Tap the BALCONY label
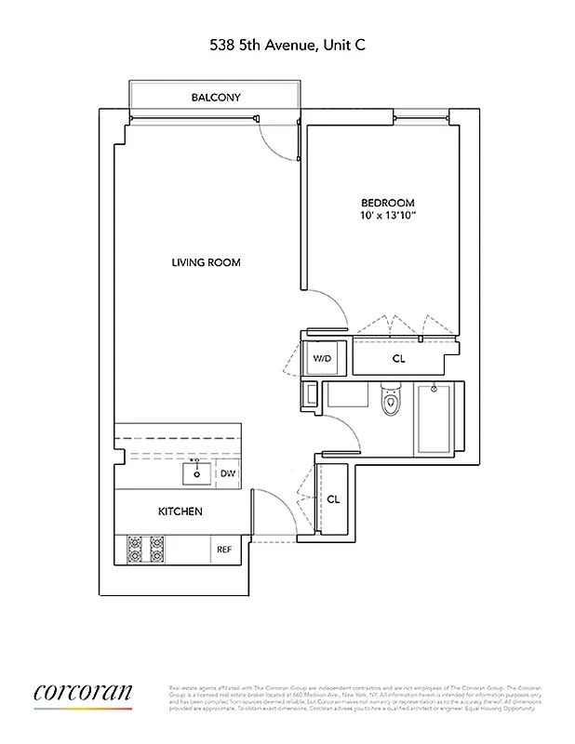(216, 97)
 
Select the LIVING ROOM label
(206, 262)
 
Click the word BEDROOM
(387, 203)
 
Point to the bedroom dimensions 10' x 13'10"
(387, 218)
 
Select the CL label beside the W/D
(398, 358)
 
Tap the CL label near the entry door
(333, 498)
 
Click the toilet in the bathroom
(391, 403)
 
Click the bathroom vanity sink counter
(349, 396)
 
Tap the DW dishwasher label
(227, 474)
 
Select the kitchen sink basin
(196, 472)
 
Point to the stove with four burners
(145, 550)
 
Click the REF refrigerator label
(224, 550)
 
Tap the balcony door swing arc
(275, 142)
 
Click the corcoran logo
(83, 693)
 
